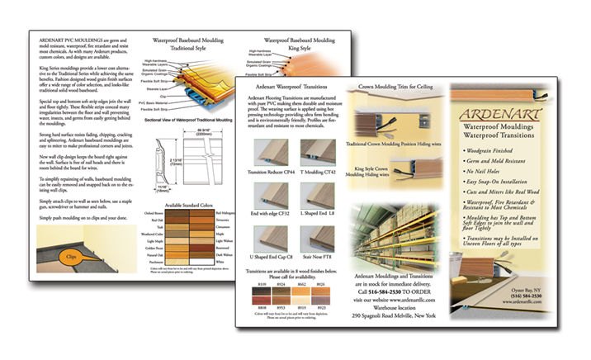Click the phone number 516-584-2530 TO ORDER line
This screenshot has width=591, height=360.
pyautogui.click(x=395, y=291)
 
